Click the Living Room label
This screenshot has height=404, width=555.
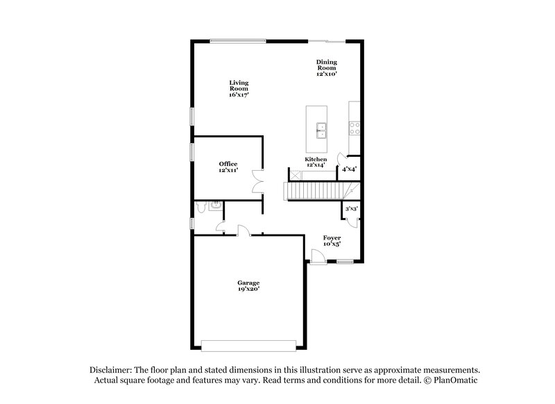[239, 83]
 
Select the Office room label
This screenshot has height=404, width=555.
[228, 164]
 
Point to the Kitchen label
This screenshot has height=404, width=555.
[316, 160]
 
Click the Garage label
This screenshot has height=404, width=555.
[248, 283]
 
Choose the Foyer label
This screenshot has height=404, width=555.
[332, 238]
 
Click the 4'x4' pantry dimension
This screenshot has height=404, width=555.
[349, 169]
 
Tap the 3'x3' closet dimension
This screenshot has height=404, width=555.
[352, 208]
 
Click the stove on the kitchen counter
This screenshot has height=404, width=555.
[354, 128]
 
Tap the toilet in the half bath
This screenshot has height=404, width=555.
[201, 206]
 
